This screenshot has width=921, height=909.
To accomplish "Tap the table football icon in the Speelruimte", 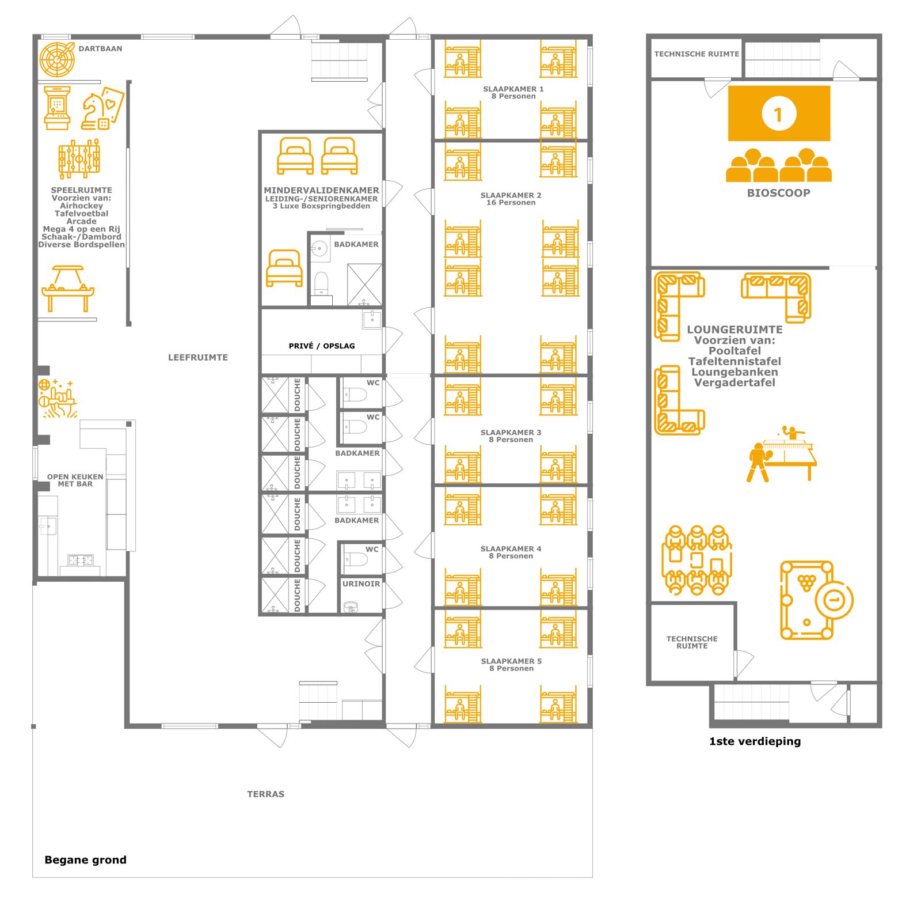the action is click(79, 159).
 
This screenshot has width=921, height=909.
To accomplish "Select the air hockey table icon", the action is click(68, 288).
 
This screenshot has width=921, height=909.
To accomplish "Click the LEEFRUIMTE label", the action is click(198, 357).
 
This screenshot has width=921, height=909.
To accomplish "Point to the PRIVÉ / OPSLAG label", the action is click(322, 346).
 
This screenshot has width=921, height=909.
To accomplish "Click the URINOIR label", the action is click(361, 584).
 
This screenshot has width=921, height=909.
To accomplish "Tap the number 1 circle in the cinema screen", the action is click(779, 113).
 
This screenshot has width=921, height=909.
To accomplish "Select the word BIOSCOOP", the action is click(778, 193).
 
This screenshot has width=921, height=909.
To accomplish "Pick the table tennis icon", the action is click(782, 453).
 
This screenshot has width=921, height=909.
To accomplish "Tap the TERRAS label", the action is click(266, 794).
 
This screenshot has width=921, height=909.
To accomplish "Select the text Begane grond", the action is click(85, 859).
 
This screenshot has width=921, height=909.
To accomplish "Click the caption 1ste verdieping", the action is click(755, 741).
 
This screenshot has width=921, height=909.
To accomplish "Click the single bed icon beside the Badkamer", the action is click(284, 268).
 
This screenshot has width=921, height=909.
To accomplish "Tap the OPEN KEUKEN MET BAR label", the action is click(75, 480).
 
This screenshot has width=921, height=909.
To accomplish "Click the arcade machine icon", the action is click(57, 108).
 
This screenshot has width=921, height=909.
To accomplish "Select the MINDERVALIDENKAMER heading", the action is click(321, 190).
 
